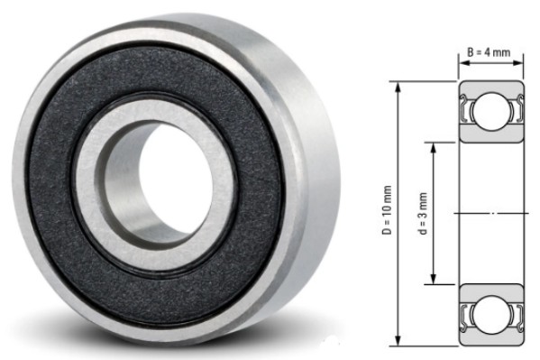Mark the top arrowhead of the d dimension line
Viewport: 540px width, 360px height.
tap(435, 144)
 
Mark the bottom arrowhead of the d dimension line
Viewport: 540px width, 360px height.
tap(435, 281)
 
